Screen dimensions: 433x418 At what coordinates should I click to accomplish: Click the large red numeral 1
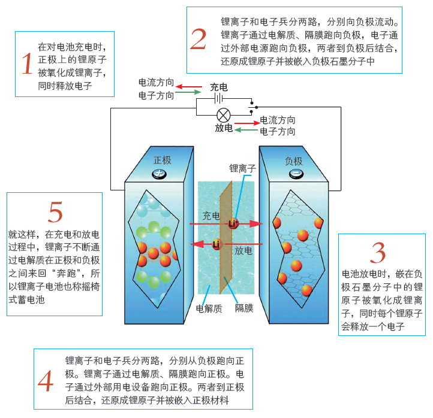point(26,63)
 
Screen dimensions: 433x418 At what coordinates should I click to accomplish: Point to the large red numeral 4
point(45,381)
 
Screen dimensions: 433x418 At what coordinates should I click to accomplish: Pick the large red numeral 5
point(55,212)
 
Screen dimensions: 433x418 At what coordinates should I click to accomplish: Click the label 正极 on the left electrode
point(163,160)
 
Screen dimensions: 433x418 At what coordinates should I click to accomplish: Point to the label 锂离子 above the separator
point(242,169)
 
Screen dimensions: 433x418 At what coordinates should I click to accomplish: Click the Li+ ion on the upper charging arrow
point(234,223)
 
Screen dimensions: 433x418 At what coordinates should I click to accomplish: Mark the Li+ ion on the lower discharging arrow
point(217,244)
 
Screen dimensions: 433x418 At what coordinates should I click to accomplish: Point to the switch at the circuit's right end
point(254,106)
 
